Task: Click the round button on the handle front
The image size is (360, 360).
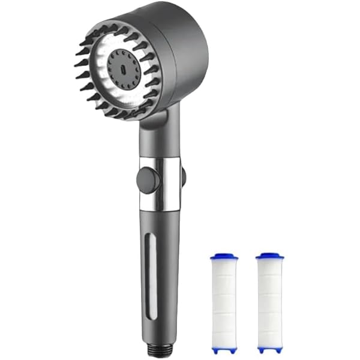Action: (148, 179)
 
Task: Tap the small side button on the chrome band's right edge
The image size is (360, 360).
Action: (183, 176)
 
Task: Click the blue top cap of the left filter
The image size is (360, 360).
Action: (224, 257)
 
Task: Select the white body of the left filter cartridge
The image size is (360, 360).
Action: (224, 300)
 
